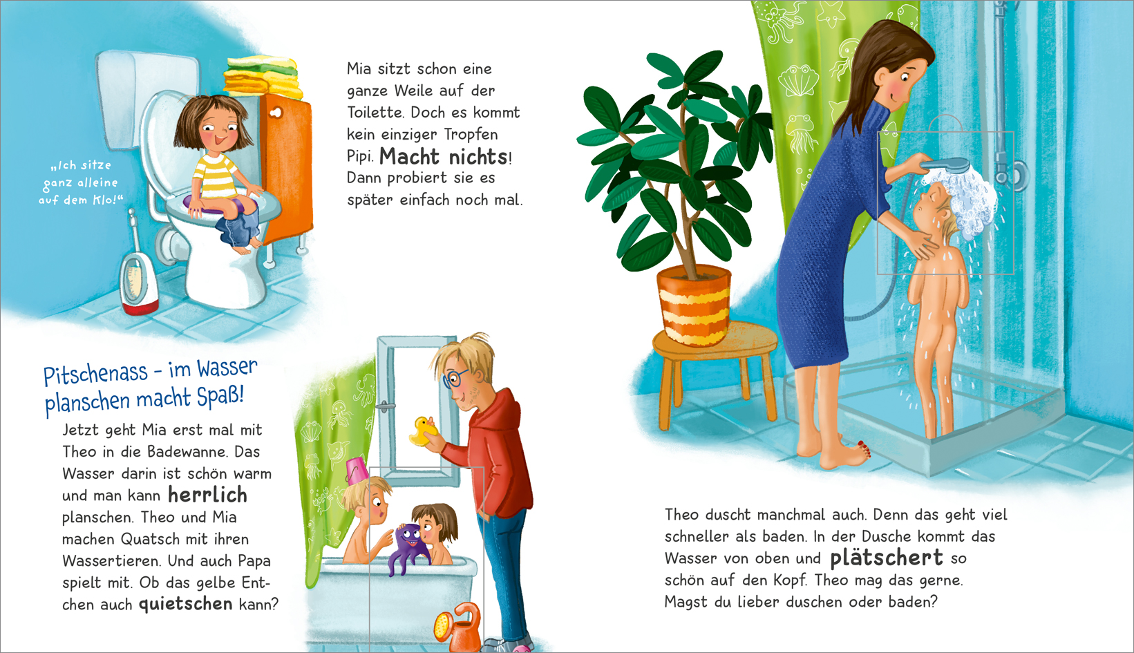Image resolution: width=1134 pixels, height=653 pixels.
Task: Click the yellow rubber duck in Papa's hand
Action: point(422,431)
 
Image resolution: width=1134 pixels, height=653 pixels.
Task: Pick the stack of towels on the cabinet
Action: point(262,76)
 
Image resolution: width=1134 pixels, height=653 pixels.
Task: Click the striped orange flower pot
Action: point(694,305)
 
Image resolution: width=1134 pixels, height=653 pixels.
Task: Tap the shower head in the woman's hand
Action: point(945,165)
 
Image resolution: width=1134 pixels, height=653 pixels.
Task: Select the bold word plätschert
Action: point(887,558)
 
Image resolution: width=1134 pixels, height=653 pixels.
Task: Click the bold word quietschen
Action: point(186,604)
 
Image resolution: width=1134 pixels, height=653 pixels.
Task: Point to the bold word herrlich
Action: point(207,495)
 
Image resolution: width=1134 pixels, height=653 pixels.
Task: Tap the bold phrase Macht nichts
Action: point(444,156)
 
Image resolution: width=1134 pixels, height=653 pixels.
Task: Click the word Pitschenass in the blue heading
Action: point(95,374)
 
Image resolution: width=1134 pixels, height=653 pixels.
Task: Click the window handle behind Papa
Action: point(386,406)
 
